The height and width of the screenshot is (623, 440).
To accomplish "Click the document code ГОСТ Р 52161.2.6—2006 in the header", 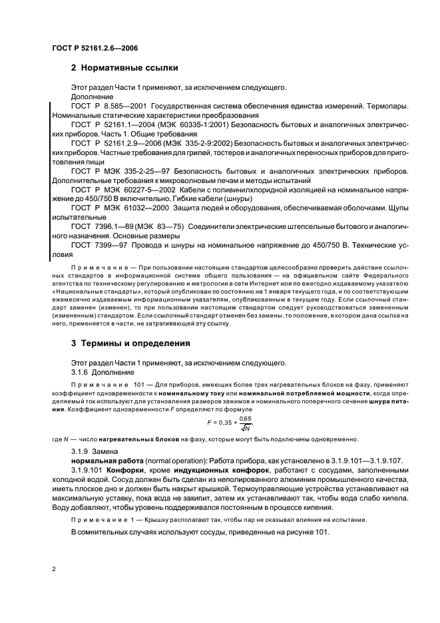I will (x=95, y=47).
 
